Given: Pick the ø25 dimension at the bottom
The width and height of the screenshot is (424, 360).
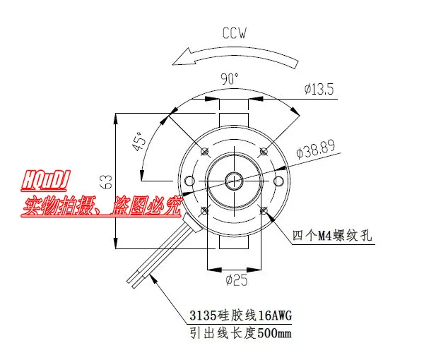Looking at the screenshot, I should [235, 280].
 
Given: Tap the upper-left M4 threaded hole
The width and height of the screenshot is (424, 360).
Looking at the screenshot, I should [204, 151].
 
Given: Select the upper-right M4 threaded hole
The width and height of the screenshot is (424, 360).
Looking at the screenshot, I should [264, 151].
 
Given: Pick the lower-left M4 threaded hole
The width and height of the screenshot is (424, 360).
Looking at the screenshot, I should [204, 210].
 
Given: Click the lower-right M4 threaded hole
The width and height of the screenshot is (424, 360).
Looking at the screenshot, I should [264, 210].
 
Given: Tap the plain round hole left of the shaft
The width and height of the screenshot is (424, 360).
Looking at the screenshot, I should [189, 181].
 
